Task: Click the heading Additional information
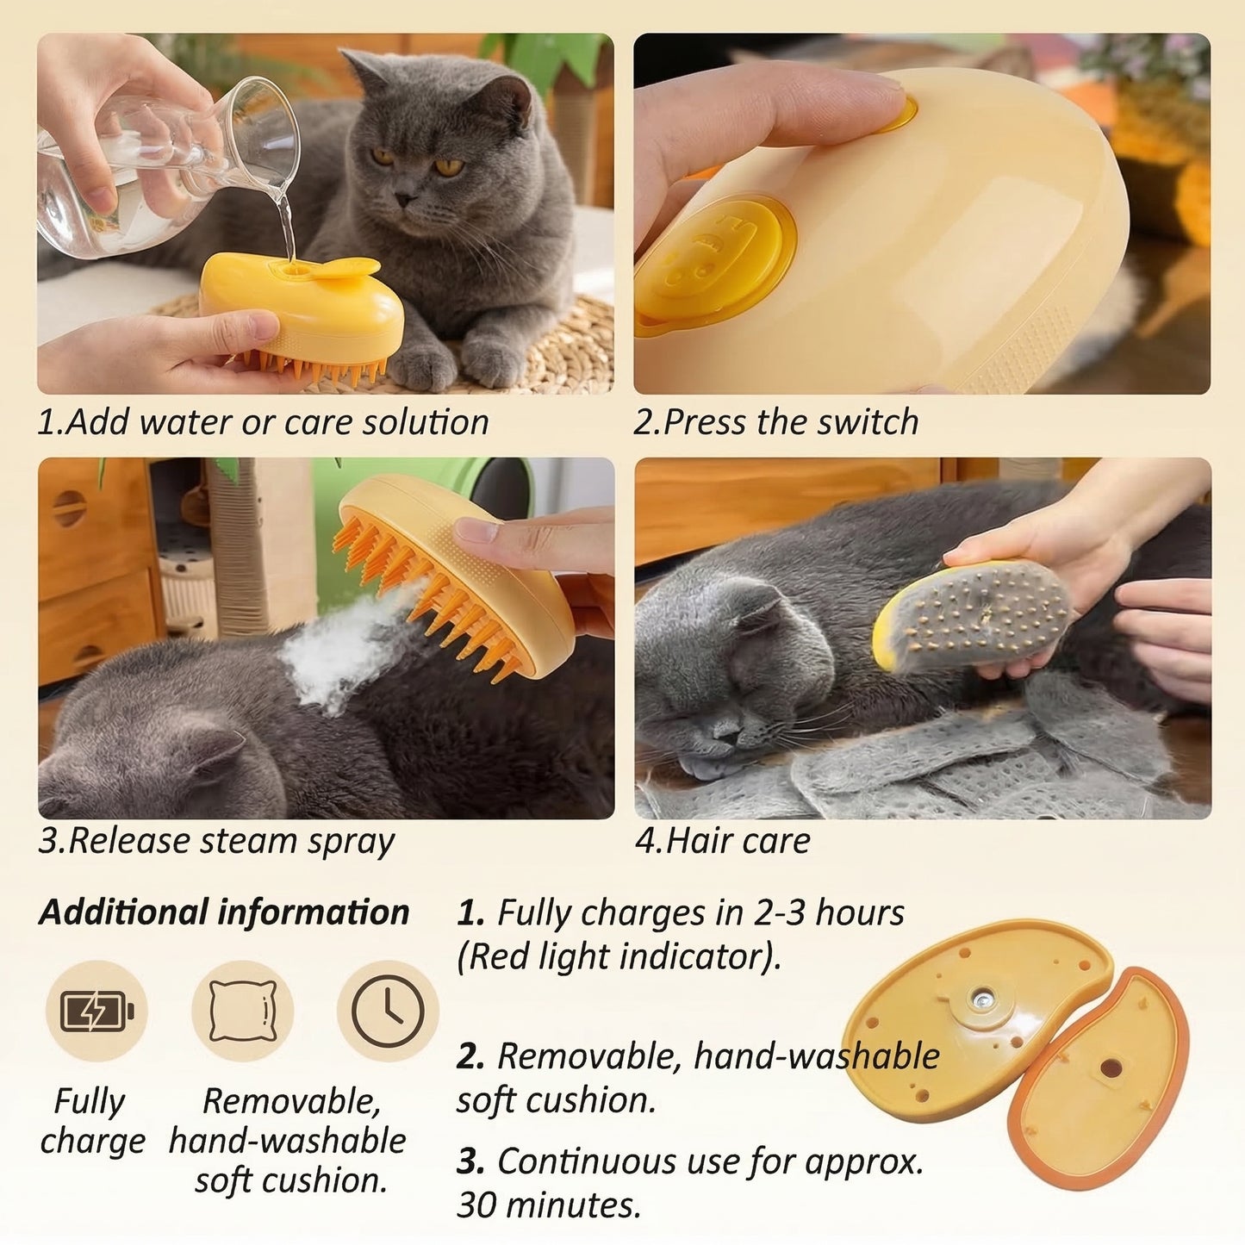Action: tap(224, 912)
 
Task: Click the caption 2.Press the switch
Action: tap(776, 422)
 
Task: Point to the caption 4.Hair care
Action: tap(722, 841)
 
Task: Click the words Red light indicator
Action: tap(618, 957)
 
